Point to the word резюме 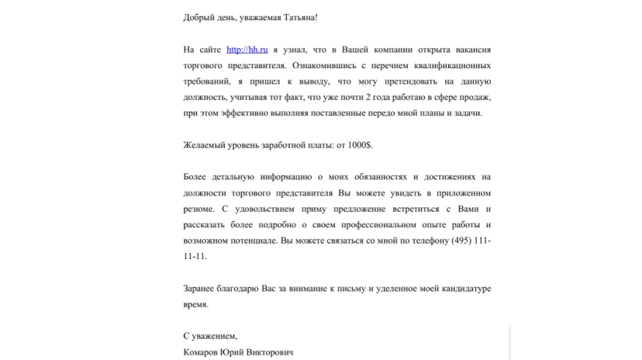[x=198, y=209]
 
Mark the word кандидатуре [x=459, y=289]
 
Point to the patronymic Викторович [x=271, y=353]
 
